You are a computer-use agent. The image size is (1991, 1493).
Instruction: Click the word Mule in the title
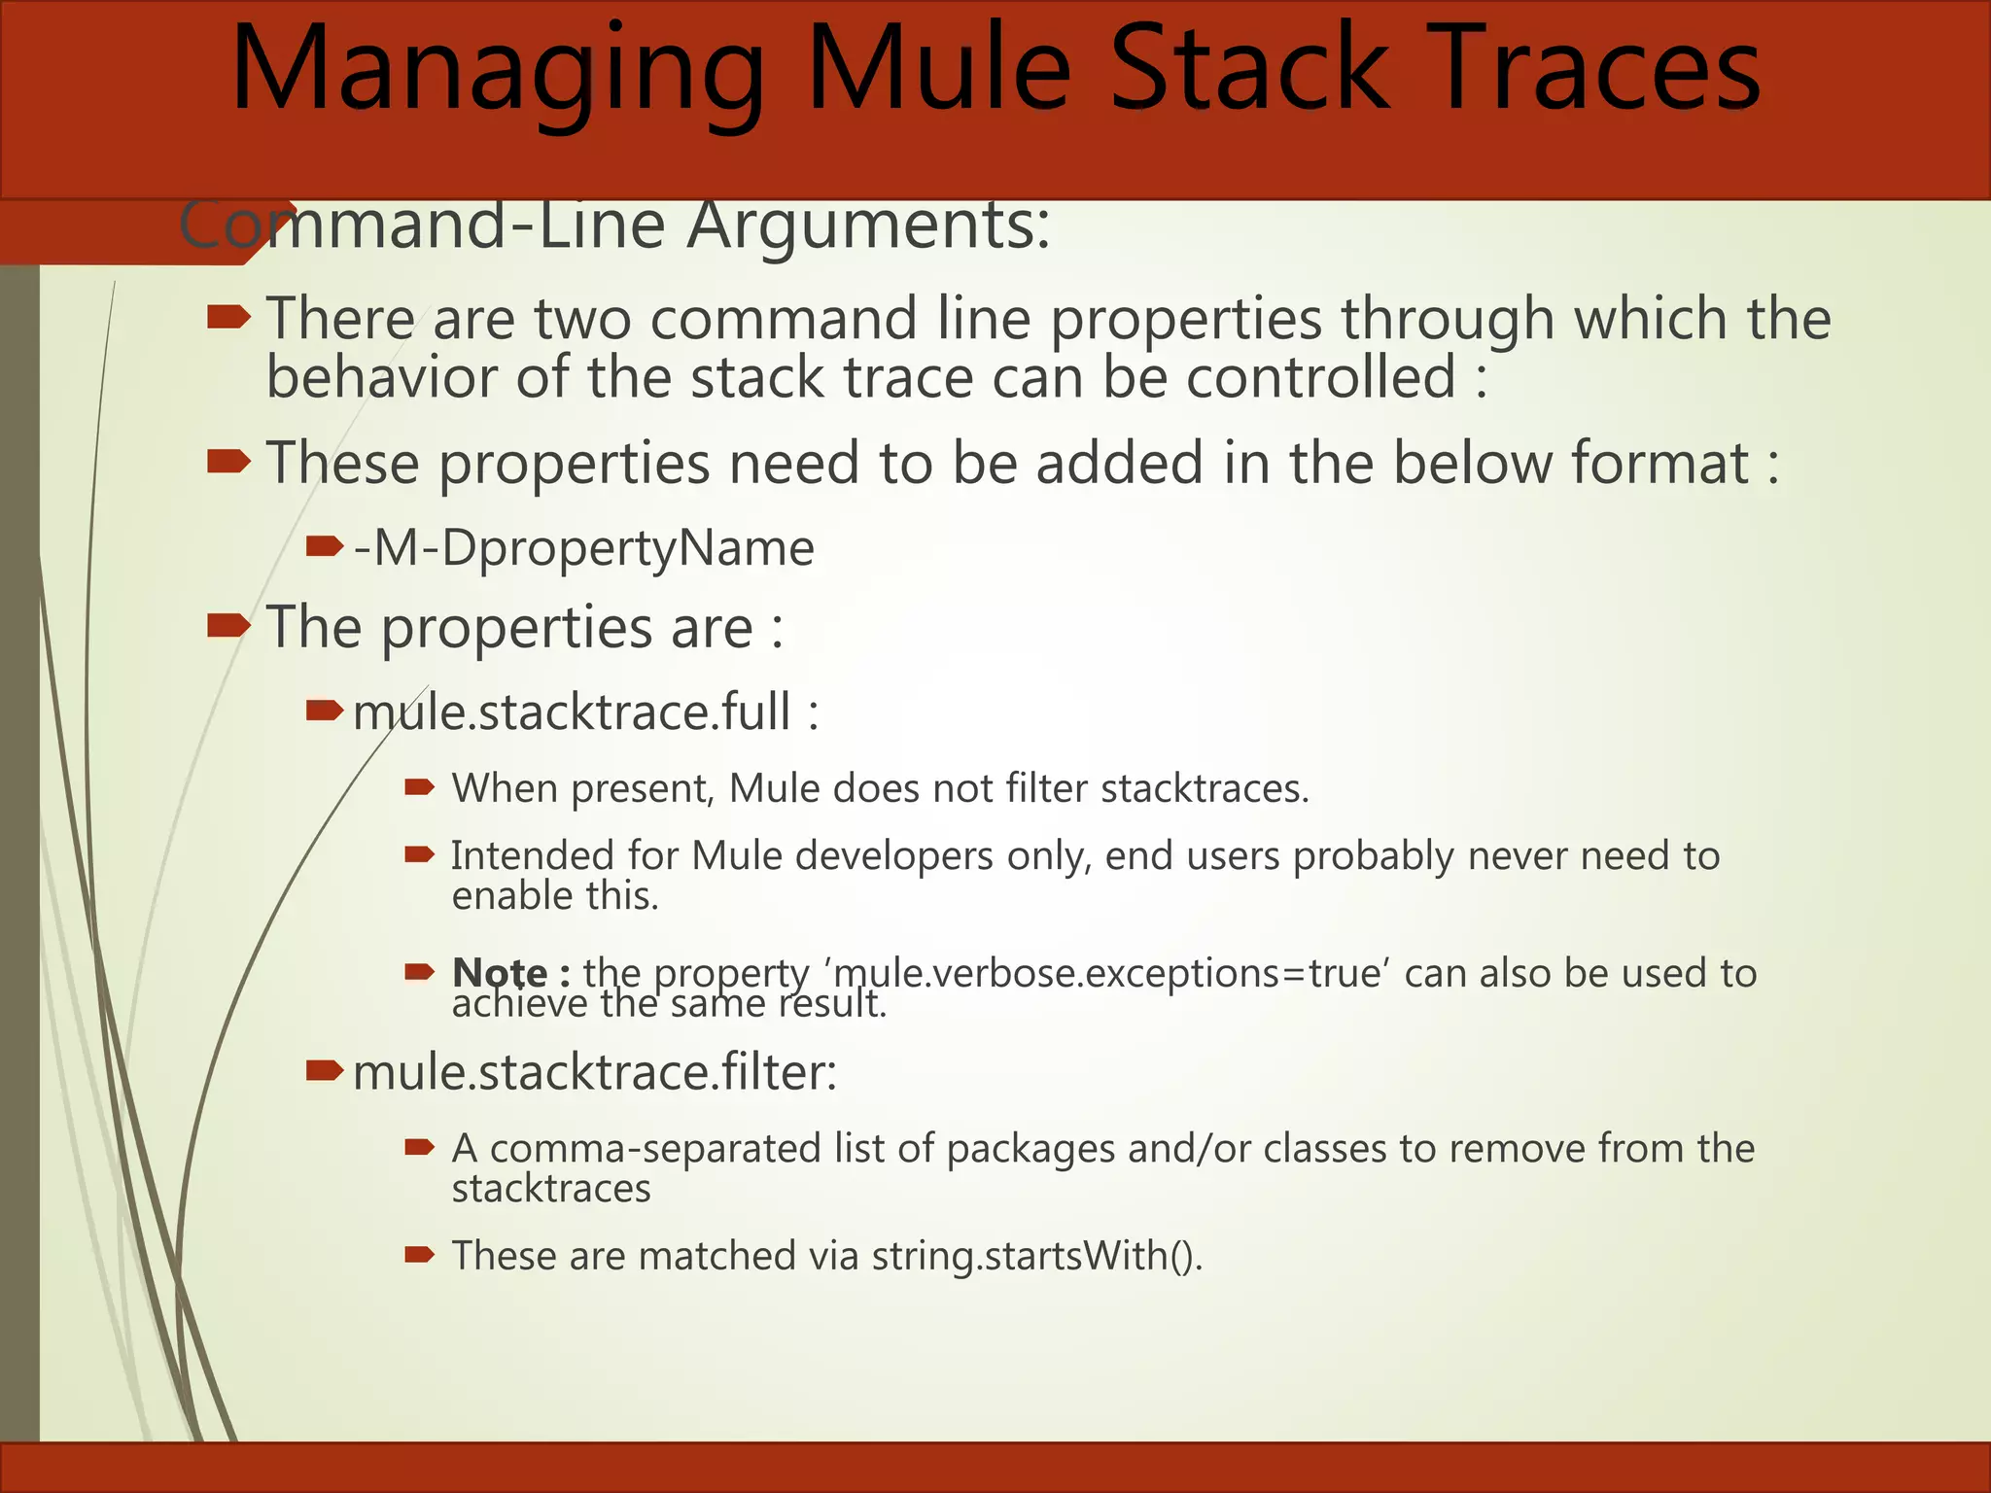pos(939,70)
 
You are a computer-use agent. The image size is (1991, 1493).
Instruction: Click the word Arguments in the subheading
pos(868,226)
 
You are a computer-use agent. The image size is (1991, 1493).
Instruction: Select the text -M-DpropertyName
pos(583,548)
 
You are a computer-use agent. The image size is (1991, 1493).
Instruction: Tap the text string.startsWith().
pos(1036,1256)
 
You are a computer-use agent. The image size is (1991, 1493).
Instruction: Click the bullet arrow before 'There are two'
pos(229,317)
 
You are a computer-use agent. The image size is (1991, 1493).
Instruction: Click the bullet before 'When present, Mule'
pos(419,787)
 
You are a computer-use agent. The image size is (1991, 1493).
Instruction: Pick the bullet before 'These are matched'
pos(419,1255)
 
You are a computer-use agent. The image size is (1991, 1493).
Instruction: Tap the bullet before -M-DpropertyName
pos(324,547)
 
